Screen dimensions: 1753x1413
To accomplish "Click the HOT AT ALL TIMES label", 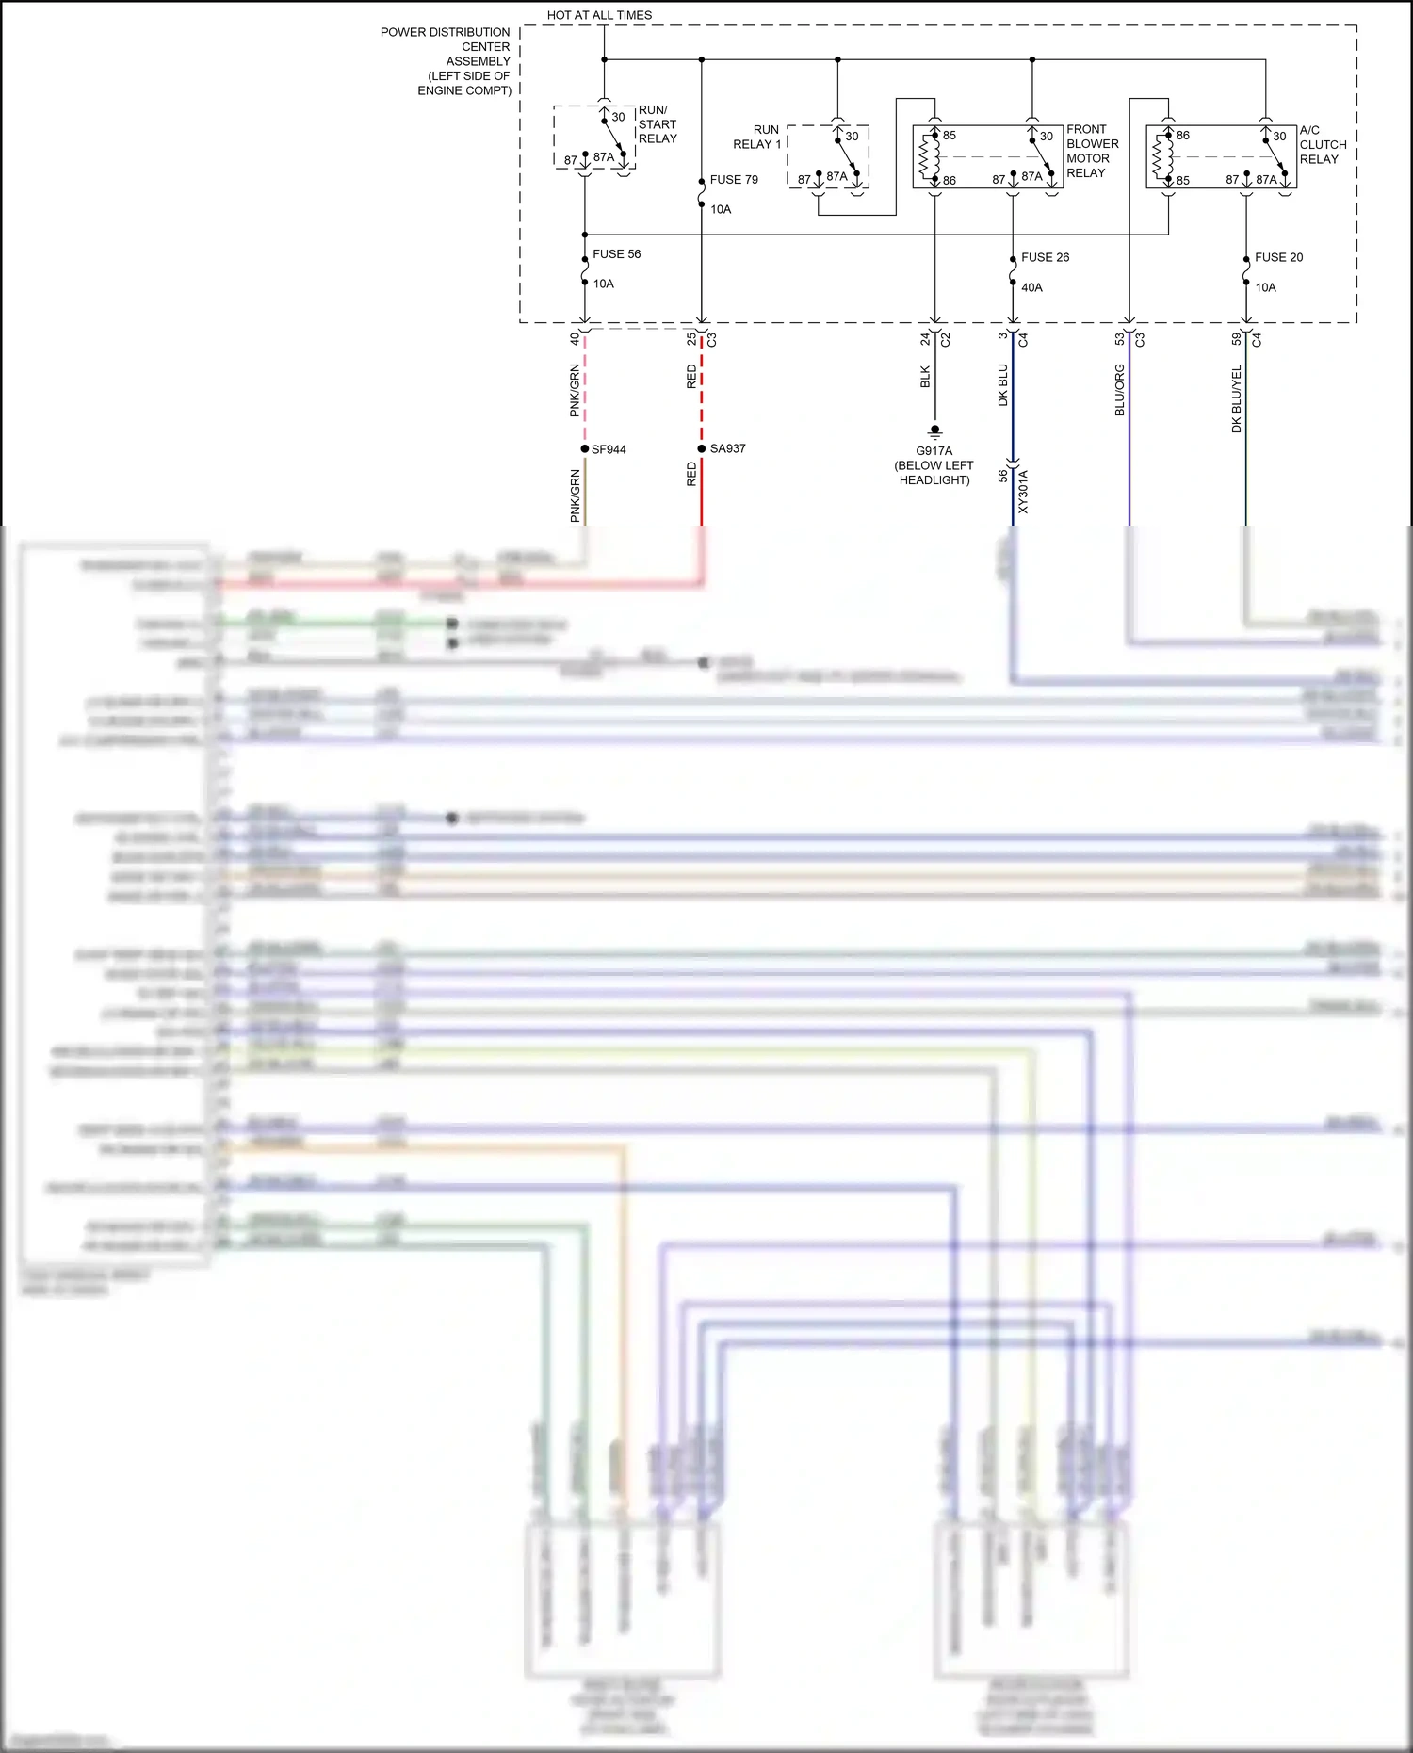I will coord(599,15).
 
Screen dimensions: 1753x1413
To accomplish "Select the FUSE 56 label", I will coord(616,254).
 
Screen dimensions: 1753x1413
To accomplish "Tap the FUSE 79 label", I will coord(734,180).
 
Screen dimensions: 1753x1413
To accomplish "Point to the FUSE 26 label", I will coord(1045,257).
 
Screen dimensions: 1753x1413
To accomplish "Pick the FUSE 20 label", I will coord(1278,257).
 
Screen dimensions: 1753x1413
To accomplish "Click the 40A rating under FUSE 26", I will coord(1031,287).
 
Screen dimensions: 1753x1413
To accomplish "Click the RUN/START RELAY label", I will coord(657,124).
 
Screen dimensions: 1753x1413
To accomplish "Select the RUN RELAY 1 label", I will coord(758,137).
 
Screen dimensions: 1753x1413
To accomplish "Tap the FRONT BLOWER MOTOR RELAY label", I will coord(1092,151).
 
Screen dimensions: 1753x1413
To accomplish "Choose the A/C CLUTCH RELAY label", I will coord(1323,145).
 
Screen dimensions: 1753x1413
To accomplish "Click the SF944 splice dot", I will coord(585,449).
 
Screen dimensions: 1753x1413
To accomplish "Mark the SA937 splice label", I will coord(727,448).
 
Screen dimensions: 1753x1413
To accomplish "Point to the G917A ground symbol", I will coord(934,432).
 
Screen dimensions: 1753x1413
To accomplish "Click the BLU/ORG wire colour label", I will coord(1120,390).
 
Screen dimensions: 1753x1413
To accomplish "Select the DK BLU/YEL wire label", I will coord(1237,399).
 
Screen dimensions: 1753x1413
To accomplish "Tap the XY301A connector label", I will coord(1024,492).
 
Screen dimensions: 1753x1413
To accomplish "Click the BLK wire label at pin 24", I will coord(925,377).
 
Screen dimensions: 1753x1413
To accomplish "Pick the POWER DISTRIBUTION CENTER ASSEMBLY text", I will coord(447,61).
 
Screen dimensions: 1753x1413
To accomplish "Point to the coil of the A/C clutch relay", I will coord(1160,157).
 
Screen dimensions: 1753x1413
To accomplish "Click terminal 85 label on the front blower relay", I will coord(950,136).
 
